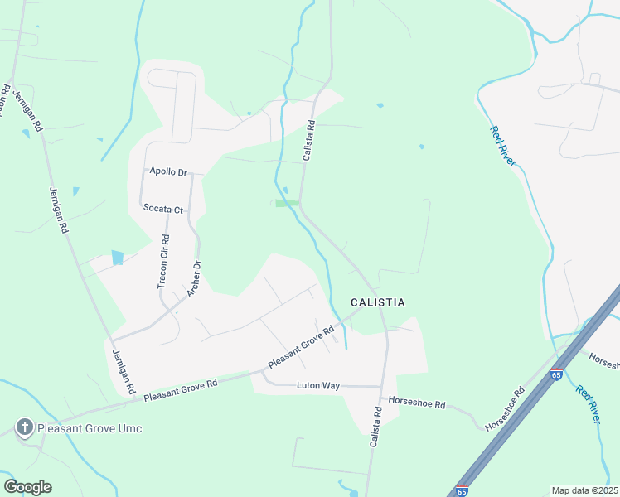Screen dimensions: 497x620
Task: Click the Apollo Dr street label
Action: [168, 171]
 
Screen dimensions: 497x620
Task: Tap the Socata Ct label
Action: [162, 209]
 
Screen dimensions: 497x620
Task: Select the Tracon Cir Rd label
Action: [163, 262]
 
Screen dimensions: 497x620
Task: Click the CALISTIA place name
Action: [377, 302]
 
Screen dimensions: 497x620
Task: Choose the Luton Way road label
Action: [318, 386]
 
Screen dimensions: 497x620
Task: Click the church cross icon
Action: [25, 427]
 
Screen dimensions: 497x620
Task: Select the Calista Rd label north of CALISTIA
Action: [308, 142]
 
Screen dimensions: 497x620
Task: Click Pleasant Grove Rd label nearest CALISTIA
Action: [300, 347]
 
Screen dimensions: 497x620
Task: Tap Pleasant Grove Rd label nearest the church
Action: [180, 390]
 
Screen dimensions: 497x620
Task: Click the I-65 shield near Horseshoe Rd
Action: [556, 374]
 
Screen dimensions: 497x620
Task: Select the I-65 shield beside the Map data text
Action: [463, 490]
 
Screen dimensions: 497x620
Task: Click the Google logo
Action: [27, 487]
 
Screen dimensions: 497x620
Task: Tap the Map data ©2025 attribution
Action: [584, 490]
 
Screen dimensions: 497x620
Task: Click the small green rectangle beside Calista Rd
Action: [287, 203]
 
